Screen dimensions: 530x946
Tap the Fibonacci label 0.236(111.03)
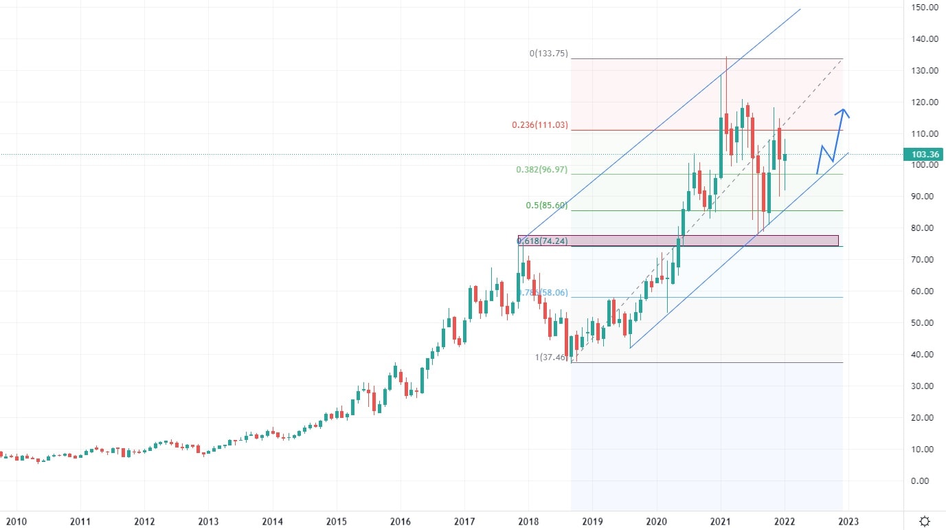[540, 125]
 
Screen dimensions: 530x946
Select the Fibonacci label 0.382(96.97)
[542, 169]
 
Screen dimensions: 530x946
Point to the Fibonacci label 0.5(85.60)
[547, 206]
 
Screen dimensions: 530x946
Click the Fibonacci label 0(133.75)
[548, 53]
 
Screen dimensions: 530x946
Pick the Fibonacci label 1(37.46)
[552, 357]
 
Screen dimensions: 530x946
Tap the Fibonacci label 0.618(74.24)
[542, 241]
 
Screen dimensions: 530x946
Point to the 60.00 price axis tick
[926, 291]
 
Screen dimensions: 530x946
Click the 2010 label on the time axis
[16, 521]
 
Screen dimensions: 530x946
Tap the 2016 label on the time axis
[400, 521]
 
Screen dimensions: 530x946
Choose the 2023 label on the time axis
[847, 521]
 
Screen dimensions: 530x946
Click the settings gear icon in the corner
[925, 520]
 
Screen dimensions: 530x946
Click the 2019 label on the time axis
[592, 521]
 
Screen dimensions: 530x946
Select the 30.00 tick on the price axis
[926, 386]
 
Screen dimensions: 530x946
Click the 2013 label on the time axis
[208, 521]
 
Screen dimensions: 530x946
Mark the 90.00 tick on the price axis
[926, 197]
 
